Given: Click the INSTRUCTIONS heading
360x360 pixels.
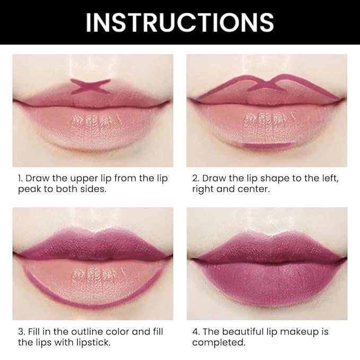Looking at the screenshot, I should tap(180, 22).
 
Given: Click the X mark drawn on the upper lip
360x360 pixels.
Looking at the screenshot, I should tap(91, 86).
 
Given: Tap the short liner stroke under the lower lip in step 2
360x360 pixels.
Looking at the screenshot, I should tap(266, 145).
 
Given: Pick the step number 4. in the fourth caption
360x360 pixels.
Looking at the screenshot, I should tap(196, 332).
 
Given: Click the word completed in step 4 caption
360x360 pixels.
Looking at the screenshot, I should tap(218, 343).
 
